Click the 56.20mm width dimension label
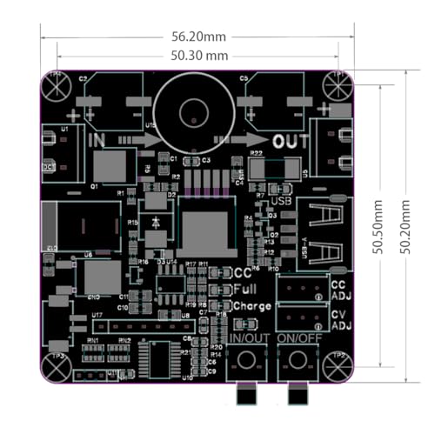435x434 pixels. (198, 37)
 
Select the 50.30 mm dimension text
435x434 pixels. (199, 56)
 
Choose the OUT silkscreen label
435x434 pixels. (290, 141)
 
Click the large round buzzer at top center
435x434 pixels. (192, 111)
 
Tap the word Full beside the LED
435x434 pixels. (244, 289)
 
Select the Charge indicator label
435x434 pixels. (251, 306)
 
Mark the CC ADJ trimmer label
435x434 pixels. (339, 289)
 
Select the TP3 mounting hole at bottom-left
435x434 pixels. (57, 367)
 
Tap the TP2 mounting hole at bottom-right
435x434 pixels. (337, 367)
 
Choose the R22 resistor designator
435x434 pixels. (257, 154)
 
